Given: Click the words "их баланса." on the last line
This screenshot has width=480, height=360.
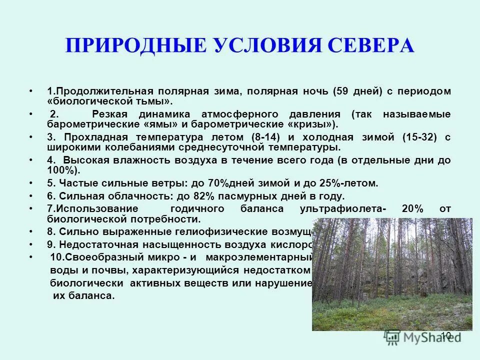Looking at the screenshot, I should (83, 295).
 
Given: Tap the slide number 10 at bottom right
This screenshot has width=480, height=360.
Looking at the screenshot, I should (446, 335).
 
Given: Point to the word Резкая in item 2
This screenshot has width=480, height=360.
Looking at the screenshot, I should (111, 114).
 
